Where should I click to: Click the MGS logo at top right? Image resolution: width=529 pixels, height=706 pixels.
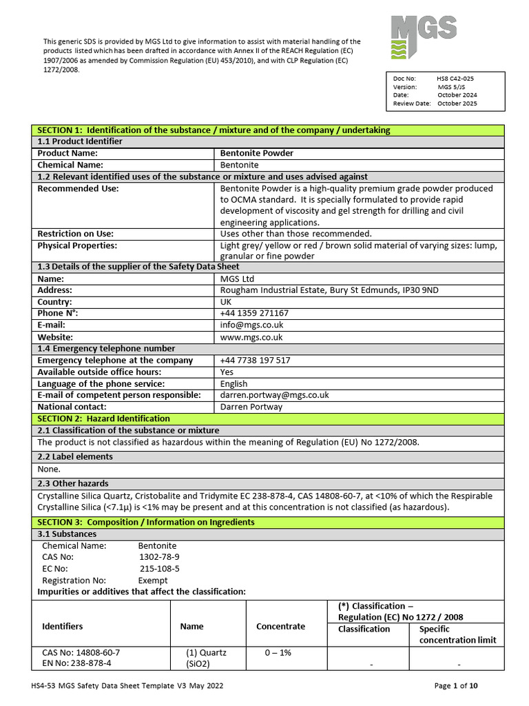pyautogui.click(x=424, y=39)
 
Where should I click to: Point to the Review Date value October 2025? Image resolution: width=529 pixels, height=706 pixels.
pyautogui.click(x=457, y=103)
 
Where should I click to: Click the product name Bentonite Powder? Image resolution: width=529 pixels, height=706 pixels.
pyautogui.click(x=256, y=153)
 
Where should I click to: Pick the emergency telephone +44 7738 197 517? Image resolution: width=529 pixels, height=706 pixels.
pyautogui.click(x=255, y=360)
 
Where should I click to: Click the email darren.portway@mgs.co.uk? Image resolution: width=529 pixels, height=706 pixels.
pyautogui.click(x=274, y=395)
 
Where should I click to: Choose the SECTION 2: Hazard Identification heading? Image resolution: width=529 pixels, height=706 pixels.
pyautogui.click(x=103, y=418)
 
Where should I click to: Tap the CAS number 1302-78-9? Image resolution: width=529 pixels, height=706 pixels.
pyautogui.click(x=159, y=557)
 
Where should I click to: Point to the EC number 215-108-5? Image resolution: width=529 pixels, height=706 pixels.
pyautogui.click(x=159, y=569)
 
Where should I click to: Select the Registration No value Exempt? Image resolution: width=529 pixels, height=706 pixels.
pyautogui.click(x=153, y=581)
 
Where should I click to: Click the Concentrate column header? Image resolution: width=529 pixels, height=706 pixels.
pyautogui.click(x=280, y=626)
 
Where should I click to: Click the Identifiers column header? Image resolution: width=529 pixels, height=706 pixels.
pyautogui.click(x=63, y=626)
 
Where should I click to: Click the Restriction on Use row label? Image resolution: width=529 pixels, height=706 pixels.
pyautogui.click(x=75, y=234)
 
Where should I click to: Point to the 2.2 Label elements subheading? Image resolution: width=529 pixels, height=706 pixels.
pyautogui.click(x=75, y=456)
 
